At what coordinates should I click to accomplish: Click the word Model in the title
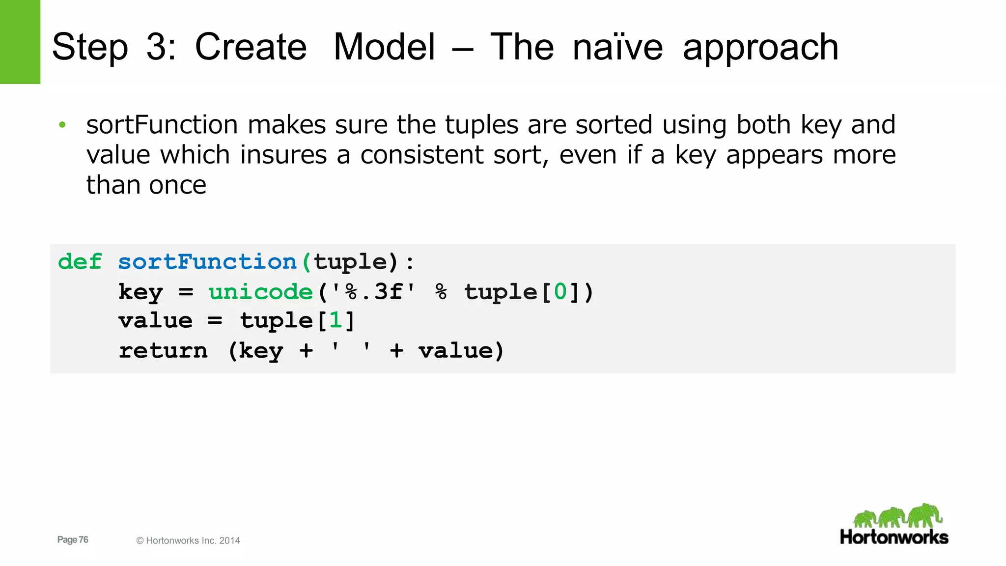click(x=384, y=47)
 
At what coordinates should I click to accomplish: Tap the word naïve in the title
click(x=617, y=47)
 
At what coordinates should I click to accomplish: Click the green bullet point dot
click(x=62, y=125)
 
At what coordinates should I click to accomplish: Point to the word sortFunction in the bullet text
click(x=162, y=125)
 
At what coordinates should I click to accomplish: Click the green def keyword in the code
click(x=80, y=261)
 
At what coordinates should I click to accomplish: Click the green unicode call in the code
click(x=260, y=292)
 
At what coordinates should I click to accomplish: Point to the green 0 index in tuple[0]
click(x=560, y=292)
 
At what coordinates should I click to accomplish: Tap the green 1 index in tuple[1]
click(x=335, y=321)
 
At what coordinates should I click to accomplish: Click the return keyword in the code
click(x=163, y=351)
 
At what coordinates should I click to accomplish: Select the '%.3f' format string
click(x=373, y=292)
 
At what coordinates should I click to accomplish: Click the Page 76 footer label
click(x=73, y=539)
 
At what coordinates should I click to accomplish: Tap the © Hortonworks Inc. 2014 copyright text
click(x=188, y=540)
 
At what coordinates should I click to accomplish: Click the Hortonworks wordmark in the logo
click(x=894, y=537)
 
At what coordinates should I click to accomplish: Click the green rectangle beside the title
click(x=20, y=42)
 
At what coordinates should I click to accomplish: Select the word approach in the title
click(x=760, y=47)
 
